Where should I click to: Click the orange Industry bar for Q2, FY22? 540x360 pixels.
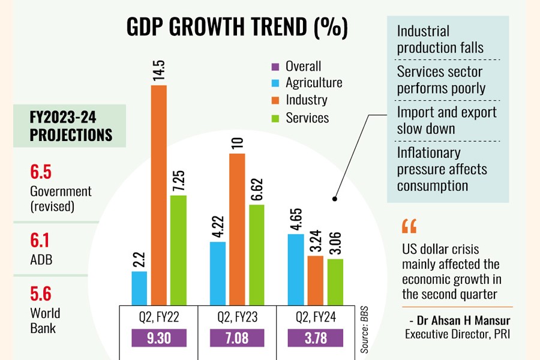pyautogui.click(x=159, y=195)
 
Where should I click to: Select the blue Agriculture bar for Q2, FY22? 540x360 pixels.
pyautogui.click(x=139, y=288)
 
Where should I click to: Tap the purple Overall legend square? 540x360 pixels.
pyautogui.click(x=275, y=67)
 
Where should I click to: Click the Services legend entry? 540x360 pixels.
pyautogui.click(x=307, y=118)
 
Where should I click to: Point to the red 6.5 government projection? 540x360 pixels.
pyautogui.click(x=41, y=173)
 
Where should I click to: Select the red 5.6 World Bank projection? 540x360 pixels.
pyautogui.click(x=41, y=294)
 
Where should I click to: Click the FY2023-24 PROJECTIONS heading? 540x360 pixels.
pyautogui.click(x=70, y=125)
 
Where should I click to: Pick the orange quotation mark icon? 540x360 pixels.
pyautogui.click(x=409, y=227)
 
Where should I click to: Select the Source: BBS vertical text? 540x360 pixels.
pyautogui.click(x=364, y=324)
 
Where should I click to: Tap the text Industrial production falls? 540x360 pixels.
pyautogui.click(x=440, y=40)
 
